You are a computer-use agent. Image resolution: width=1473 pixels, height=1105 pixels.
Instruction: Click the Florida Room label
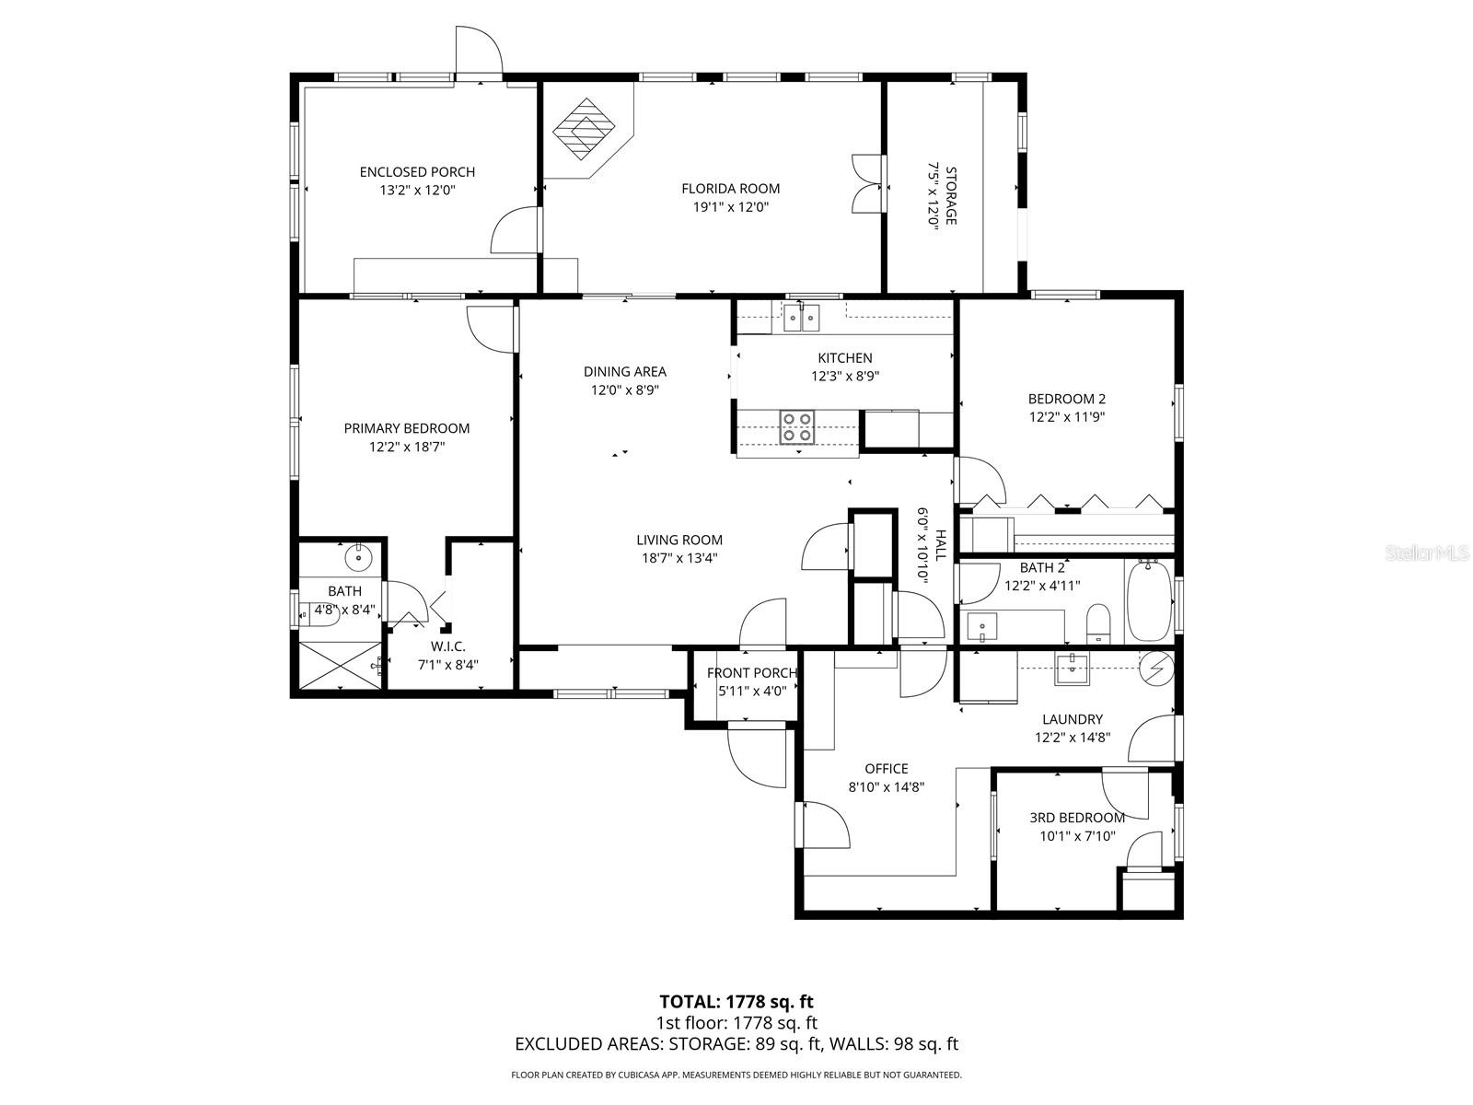tap(730, 189)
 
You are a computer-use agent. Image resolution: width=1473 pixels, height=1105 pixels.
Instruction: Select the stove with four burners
tap(796, 427)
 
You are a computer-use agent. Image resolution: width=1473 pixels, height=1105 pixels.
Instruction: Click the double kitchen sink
tap(801, 320)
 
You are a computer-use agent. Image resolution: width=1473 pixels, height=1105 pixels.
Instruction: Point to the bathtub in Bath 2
tap(1148, 601)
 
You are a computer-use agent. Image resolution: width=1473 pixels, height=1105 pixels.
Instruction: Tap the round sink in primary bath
tap(357, 557)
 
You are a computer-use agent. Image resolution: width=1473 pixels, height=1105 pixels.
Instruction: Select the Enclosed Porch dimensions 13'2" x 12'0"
tap(418, 191)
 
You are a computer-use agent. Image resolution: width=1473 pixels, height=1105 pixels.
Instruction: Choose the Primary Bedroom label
tap(406, 428)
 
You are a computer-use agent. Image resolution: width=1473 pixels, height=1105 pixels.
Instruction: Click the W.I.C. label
tap(448, 646)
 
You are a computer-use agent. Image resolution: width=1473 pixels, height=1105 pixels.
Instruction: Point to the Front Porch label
tap(751, 673)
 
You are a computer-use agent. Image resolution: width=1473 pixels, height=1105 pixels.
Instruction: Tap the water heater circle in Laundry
tap(1157, 668)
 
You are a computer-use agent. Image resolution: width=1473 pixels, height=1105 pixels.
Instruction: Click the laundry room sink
tap(1072, 669)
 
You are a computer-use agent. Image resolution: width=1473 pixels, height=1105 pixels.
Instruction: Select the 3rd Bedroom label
tap(1076, 818)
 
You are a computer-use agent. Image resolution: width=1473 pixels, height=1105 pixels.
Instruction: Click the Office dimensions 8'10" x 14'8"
tap(886, 787)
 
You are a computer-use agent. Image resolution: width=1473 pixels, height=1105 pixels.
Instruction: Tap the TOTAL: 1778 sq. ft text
tap(736, 1001)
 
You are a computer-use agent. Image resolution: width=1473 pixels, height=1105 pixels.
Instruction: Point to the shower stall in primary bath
tap(336, 666)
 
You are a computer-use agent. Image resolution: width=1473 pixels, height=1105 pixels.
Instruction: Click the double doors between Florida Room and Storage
tap(868, 185)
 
